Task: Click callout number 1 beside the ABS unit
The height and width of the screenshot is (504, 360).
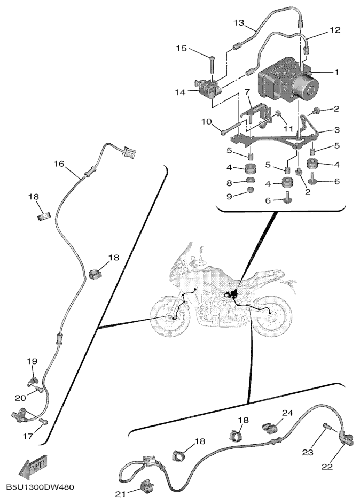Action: point(336,71)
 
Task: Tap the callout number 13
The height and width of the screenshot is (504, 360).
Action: point(239,23)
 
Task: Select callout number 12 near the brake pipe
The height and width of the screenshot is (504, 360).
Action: point(334,30)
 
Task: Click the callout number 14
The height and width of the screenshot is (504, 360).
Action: point(179,92)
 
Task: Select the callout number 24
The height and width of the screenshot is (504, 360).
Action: point(288,413)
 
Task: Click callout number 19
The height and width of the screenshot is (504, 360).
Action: point(32,362)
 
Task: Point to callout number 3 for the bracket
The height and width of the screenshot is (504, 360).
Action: point(336,130)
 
